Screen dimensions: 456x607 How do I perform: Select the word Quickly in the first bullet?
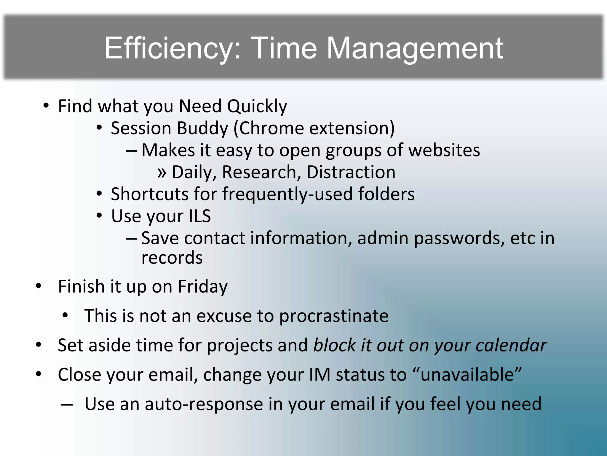point(257,106)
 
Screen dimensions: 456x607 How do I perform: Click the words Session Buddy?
point(169,128)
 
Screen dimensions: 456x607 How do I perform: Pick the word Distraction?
point(351,172)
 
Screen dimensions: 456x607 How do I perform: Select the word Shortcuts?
point(149,194)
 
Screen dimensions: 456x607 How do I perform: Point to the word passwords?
point(459,238)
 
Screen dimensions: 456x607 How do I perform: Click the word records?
point(172,257)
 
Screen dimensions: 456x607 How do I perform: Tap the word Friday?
point(202,287)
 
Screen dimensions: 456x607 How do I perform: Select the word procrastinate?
point(334,316)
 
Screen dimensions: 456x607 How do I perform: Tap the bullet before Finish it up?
point(39,286)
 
